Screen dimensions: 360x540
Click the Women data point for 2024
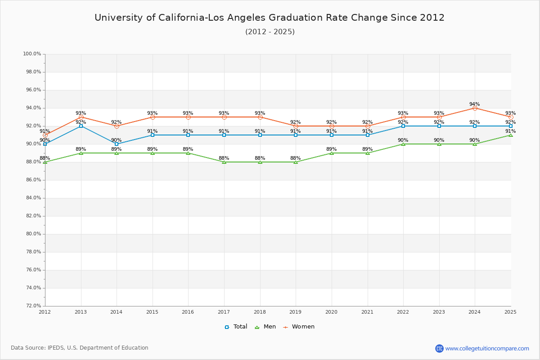click(475, 108)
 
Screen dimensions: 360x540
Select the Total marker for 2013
click(81, 126)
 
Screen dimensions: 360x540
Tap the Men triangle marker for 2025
click(511, 135)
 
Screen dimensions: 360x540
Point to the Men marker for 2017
click(224, 162)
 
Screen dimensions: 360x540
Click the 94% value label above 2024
click(475, 104)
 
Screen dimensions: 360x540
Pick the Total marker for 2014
click(117, 144)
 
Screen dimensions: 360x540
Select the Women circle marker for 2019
click(296, 126)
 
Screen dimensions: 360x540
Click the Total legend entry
click(236, 327)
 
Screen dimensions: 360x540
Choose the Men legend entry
click(265, 327)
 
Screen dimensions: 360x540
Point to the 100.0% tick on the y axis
click(32, 54)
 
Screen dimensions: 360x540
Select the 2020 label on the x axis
click(332, 312)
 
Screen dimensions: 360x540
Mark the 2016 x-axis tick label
click(188, 312)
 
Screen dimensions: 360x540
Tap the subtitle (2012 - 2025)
click(270, 32)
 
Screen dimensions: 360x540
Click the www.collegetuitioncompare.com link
click(487, 348)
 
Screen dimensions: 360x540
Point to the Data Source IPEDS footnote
click(80, 348)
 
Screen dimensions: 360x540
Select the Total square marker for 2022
click(403, 126)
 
